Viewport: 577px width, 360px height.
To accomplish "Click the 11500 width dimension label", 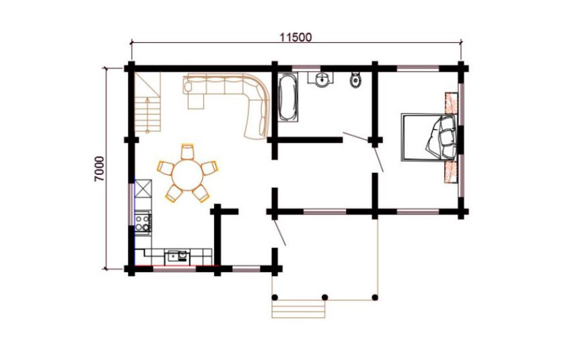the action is click(295, 38).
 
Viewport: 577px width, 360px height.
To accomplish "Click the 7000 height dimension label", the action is click(99, 169).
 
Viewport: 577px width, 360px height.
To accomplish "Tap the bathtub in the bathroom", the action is click(287, 97).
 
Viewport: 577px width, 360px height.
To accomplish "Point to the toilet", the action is click(356, 80).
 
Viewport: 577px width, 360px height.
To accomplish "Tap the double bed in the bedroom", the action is click(429, 137).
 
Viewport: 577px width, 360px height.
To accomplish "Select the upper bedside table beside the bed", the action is click(452, 103).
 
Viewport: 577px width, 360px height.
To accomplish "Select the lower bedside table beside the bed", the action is click(451, 172).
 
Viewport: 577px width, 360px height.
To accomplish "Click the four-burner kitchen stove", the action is click(143, 221).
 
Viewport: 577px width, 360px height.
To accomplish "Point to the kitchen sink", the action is click(178, 255).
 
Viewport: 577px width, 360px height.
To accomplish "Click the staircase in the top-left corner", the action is click(148, 102).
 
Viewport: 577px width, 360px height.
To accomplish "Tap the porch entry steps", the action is click(299, 308).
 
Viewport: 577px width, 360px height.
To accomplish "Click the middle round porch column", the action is click(325, 297).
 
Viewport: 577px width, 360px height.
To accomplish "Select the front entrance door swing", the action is click(279, 232).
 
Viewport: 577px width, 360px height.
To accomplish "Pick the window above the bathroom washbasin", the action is click(306, 68).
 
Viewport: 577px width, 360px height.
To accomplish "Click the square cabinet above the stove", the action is click(143, 188).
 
